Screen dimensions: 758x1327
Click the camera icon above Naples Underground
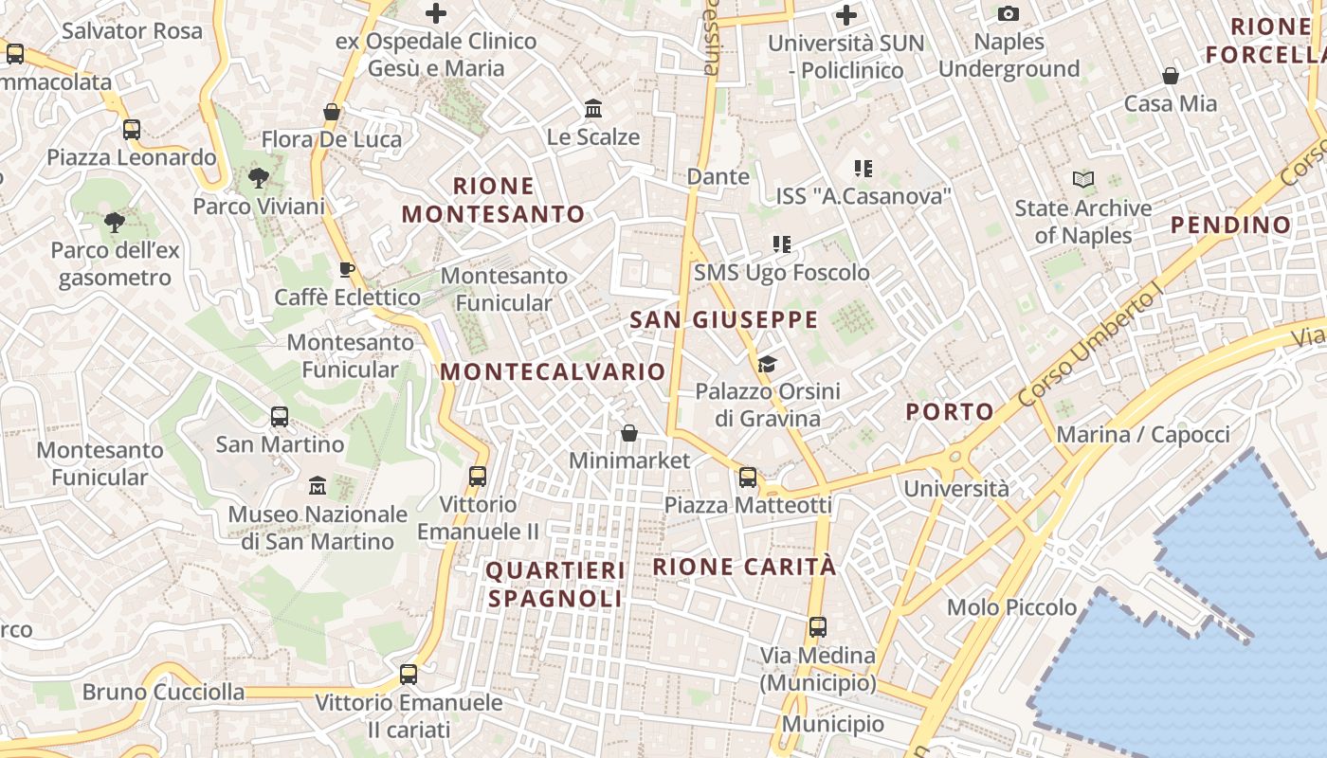pyautogui.click(x=1009, y=13)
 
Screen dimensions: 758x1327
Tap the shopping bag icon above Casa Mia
pyautogui.click(x=1171, y=76)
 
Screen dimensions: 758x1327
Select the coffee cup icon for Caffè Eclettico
pyautogui.click(x=347, y=269)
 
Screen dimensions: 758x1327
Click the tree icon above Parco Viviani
pyautogui.click(x=258, y=177)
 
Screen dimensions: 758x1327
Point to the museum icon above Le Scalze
pyautogui.click(x=593, y=108)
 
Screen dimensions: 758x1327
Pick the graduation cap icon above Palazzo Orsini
pyautogui.click(x=767, y=363)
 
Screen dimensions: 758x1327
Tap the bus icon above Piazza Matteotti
pyautogui.click(x=748, y=477)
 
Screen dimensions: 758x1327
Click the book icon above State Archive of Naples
pyautogui.click(x=1083, y=179)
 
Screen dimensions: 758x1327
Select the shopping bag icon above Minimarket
pyautogui.click(x=628, y=433)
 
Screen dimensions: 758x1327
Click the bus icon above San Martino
pyautogui.click(x=280, y=416)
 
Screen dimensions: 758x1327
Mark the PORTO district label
pyautogui.click(x=949, y=412)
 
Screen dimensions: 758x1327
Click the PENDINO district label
pyautogui.click(x=1230, y=225)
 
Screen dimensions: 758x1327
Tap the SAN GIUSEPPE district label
pyautogui.click(x=723, y=320)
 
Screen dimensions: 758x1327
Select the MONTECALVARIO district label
pyautogui.click(x=554, y=371)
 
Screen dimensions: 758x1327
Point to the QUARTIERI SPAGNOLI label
pyautogui.click(x=555, y=585)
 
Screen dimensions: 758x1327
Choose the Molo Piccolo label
pyautogui.click(x=1011, y=607)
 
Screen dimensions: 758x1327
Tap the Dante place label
pyautogui.click(x=718, y=176)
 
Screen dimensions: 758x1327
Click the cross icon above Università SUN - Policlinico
pyautogui.click(x=846, y=15)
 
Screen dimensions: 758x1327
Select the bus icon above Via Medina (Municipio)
pyautogui.click(x=818, y=626)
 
